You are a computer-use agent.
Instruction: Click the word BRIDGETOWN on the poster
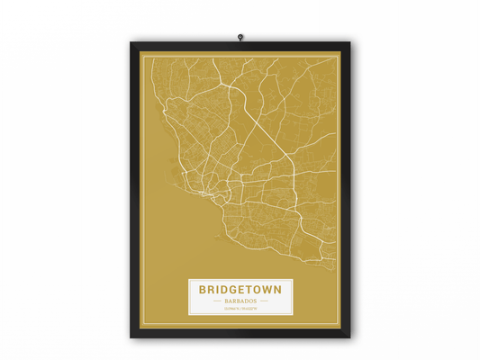pos(240,290)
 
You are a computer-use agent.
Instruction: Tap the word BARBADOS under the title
pos(240,301)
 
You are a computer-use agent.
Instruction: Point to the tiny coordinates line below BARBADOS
pos(240,309)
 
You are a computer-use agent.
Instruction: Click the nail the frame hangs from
pos(240,37)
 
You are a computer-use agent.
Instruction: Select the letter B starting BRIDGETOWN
pos(203,290)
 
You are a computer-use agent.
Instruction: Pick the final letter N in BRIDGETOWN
pos(276,290)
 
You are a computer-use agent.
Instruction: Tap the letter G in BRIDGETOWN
pos(230,290)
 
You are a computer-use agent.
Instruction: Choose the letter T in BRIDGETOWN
pos(248,290)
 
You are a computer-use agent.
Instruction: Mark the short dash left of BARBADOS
pos(216,301)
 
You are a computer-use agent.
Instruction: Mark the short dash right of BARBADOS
pos(263,301)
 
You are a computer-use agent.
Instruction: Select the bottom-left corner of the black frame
pos(132,337)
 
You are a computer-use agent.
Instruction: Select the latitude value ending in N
pos(231,309)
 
